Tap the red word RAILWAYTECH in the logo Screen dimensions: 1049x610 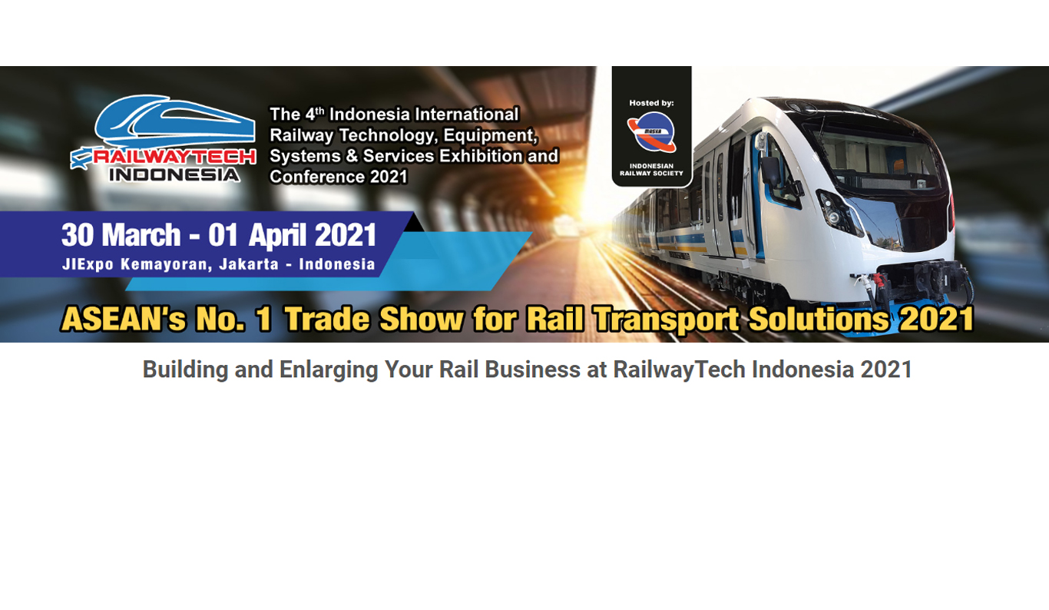coord(174,157)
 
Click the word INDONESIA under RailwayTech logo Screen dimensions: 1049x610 coord(174,174)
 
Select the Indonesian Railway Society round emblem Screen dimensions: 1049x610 coord(651,133)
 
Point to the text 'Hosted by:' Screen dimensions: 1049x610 coord(651,103)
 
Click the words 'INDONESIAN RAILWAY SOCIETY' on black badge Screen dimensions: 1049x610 coord(651,170)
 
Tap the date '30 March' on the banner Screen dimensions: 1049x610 coord(121,235)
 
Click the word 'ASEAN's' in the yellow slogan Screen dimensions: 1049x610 coord(124,320)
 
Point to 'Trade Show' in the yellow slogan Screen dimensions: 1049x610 coord(374,320)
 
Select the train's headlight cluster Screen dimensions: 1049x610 coord(839,212)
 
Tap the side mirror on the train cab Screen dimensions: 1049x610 coord(770,171)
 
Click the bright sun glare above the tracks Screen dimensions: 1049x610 coord(587,206)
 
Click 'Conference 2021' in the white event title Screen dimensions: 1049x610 coord(339,177)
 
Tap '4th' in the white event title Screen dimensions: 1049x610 coord(315,114)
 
